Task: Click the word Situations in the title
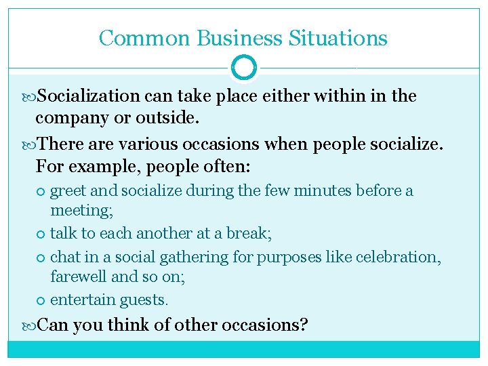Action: pos(338,38)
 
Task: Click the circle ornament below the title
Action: pos(244,68)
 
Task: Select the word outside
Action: pos(167,118)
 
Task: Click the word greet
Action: pos(68,191)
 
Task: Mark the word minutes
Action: pos(322,191)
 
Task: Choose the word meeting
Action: pos(81,211)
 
